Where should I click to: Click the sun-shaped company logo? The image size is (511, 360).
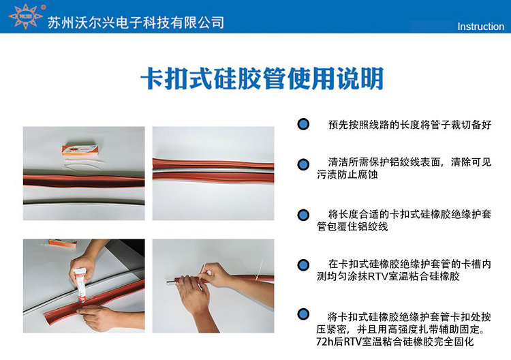tap(26, 16)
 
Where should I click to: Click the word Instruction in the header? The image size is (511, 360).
tap(481, 27)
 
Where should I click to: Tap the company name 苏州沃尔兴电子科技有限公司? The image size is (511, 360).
tap(136, 22)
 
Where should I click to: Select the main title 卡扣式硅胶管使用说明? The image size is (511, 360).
tap(262, 78)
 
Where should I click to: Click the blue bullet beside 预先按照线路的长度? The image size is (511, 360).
tap(303, 124)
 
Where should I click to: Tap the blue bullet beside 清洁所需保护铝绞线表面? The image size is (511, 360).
tap(303, 164)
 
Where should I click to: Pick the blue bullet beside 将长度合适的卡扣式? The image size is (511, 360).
tap(303, 215)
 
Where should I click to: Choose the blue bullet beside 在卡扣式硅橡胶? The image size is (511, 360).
tap(303, 265)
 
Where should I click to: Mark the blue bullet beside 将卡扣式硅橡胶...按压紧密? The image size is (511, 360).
tap(303, 314)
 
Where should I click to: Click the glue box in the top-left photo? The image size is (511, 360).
tap(80, 149)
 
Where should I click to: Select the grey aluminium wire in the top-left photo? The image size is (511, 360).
tap(84, 202)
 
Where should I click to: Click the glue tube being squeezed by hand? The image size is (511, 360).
tap(80, 284)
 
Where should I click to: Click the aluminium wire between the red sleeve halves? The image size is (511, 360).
tap(213, 170)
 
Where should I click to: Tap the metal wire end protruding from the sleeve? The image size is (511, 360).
tap(172, 282)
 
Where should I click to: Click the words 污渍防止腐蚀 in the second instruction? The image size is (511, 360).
tap(347, 175)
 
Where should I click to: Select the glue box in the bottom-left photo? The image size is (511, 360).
tap(63, 243)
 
